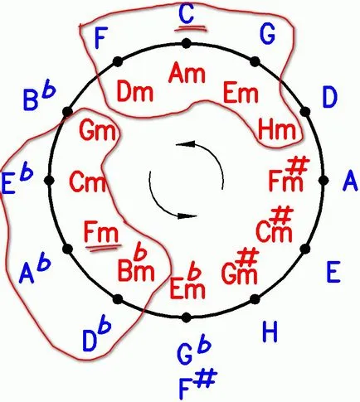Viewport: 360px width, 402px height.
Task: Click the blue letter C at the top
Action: [186, 14]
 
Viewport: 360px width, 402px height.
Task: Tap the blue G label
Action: [267, 34]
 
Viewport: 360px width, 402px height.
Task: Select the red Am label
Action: [187, 73]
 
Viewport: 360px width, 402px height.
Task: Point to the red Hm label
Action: [277, 129]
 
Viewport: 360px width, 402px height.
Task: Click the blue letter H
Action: [270, 332]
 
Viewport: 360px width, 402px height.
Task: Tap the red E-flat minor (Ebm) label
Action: [187, 283]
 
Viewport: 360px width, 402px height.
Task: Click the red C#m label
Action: [275, 225]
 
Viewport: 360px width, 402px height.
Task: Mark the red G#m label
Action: [240, 266]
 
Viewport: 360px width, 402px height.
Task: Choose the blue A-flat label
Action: [35, 268]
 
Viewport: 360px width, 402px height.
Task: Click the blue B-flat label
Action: [40, 98]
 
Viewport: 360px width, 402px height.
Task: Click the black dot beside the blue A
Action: [324, 181]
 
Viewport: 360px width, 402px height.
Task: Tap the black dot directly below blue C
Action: [187, 43]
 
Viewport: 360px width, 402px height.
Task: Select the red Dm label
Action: [135, 93]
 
